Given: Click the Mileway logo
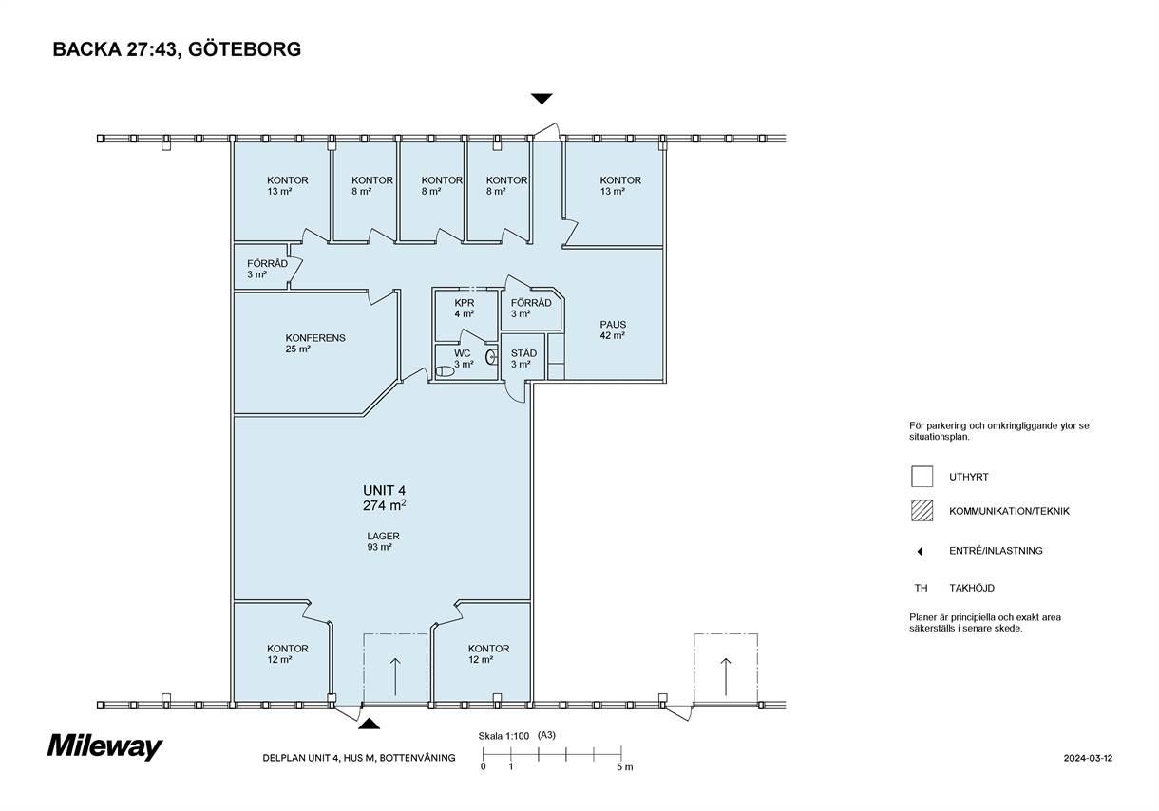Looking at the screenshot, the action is click(105, 746).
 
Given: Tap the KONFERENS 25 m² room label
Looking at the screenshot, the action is click(315, 344).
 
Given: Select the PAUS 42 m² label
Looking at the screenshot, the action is click(613, 330).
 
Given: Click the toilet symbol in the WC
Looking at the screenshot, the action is click(445, 371).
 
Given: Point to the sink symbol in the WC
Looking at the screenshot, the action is click(490, 356).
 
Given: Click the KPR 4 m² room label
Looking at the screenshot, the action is click(465, 309).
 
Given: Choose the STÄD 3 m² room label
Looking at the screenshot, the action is click(523, 358).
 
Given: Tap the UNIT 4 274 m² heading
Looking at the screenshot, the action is click(384, 498).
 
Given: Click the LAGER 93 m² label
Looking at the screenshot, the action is click(383, 541).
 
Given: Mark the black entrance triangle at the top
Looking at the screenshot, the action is click(541, 99).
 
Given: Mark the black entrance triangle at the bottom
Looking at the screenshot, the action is click(369, 724).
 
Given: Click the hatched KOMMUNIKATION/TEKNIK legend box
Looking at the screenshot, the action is click(922, 511).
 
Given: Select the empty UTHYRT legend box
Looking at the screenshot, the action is click(922, 477).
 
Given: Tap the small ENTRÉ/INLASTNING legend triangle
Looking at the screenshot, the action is click(920, 552).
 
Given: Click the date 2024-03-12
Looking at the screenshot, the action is click(1088, 758).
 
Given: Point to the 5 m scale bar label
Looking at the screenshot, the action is click(624, 767).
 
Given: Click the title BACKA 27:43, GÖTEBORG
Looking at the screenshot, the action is click(177, 49).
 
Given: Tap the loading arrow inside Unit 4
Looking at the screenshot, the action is click(395, 676).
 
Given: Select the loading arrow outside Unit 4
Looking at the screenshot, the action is click(726, 676).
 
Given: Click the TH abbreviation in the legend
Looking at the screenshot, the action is click(921, 588).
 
